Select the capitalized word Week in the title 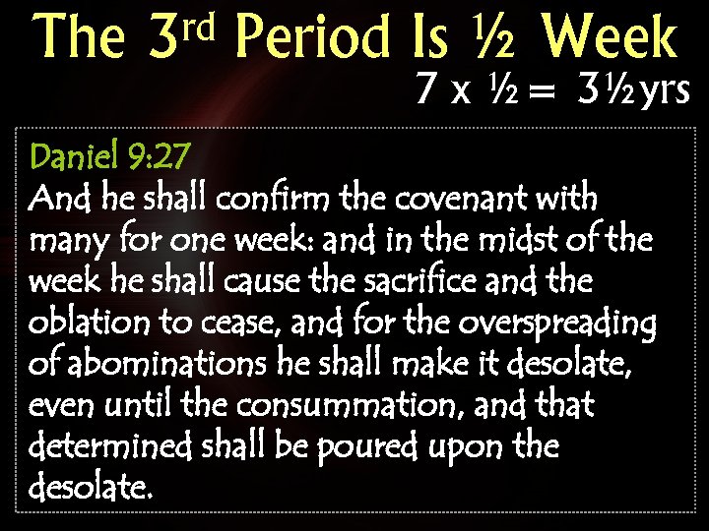[610, 38]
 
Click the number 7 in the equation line [426, 91]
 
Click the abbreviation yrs [665, 91]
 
